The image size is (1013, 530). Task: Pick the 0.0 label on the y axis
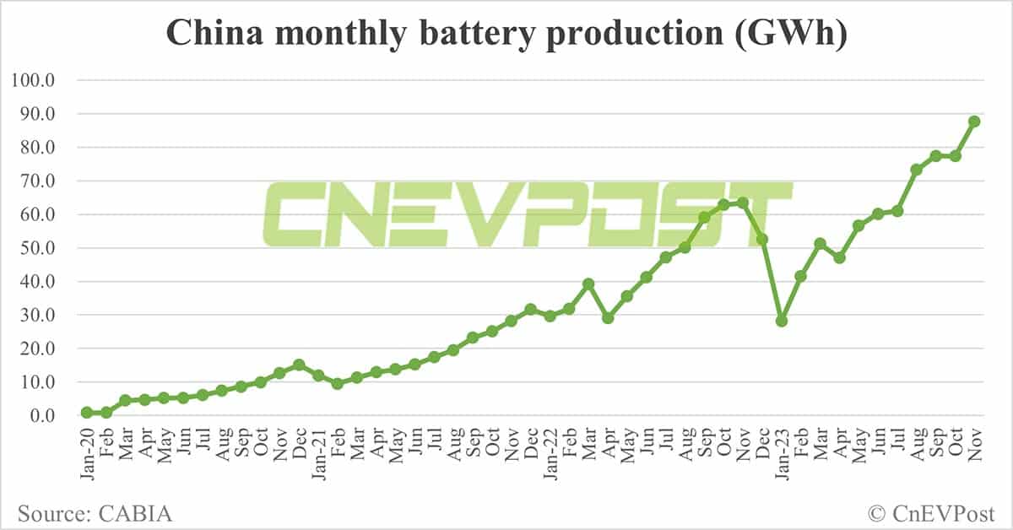click(x=40, y=415)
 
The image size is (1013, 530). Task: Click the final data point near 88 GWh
click(x=974, y=122)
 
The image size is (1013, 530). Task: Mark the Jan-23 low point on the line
click(x=782, y=321)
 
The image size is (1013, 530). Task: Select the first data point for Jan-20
click(x=87, y=413)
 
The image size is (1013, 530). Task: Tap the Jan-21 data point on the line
click(x=318, y=375)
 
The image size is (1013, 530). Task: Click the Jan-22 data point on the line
click(x=550, y=316)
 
